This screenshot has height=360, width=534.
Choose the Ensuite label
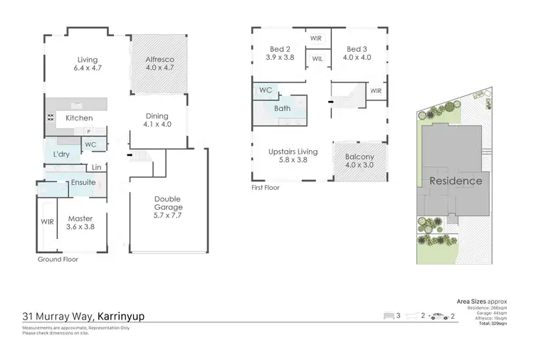[x=83, y=182]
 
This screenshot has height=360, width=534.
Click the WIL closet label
[x=318, y=59]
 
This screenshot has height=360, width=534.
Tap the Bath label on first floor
[x=282, y=109]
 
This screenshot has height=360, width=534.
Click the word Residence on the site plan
[x=456, y=181]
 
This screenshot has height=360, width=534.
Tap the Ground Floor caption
[x=58, y=260]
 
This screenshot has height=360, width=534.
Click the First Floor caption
[x=265, y=188]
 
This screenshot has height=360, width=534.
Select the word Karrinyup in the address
[x=120, y=316]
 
